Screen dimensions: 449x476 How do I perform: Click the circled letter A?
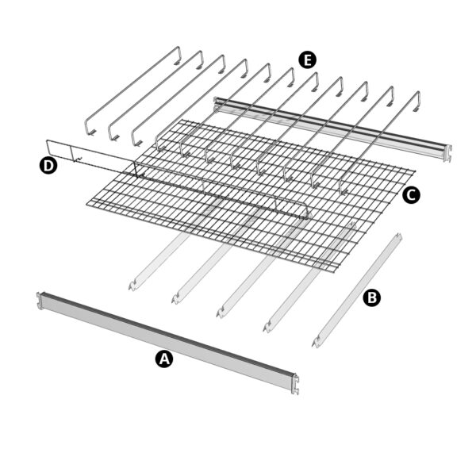click(x=163, y=359)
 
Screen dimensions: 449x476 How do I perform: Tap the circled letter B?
click(x=370, y=297)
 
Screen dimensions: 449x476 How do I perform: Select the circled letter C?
click(x=410, y=194)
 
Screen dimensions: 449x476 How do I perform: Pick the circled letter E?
click(x=307, y=59)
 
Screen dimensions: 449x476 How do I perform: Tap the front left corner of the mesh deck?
click(x=87, y=208)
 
